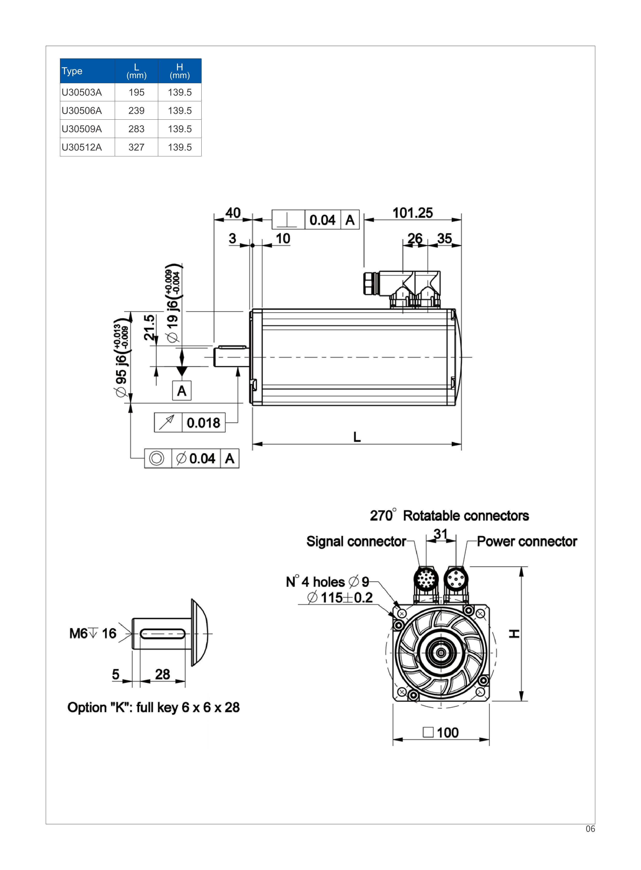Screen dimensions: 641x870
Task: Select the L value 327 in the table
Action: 136,148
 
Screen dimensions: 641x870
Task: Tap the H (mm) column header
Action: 180,71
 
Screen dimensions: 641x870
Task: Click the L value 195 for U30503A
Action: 136,92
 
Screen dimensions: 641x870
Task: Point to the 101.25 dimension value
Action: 413,213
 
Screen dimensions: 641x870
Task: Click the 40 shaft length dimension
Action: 233,213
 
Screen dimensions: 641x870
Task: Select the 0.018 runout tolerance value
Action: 203,423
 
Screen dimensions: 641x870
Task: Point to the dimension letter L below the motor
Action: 357,437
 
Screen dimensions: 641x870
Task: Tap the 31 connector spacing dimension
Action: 440,534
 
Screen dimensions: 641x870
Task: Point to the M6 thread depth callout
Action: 93,633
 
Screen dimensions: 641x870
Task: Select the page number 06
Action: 590,829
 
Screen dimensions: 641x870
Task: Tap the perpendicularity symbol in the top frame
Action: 287,220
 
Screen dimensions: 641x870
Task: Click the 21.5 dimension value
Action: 149,327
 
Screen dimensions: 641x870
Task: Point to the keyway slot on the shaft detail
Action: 163,634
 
